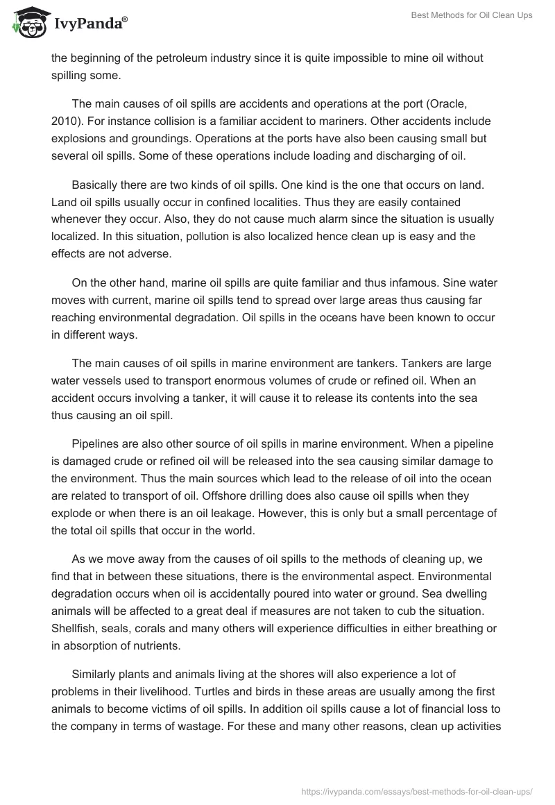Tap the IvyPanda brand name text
[89, 24]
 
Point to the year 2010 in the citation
[63, 120]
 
